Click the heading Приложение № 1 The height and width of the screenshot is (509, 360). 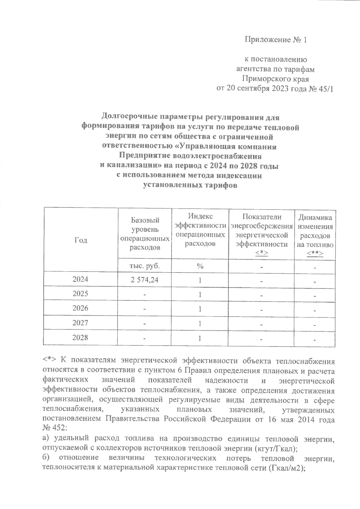(276, 40)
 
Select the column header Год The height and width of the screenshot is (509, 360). (80, 240)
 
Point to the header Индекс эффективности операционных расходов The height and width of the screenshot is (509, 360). (200, 230)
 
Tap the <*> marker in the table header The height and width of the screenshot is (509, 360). (261, 254)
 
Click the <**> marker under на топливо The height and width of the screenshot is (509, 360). (315, 254)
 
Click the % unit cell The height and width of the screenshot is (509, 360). (200, 266)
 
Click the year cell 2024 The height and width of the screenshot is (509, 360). (80, 279)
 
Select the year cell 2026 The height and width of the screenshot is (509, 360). (80, 308)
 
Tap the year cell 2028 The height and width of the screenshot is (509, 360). (80, 338)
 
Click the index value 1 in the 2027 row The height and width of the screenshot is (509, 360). (200, 323)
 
